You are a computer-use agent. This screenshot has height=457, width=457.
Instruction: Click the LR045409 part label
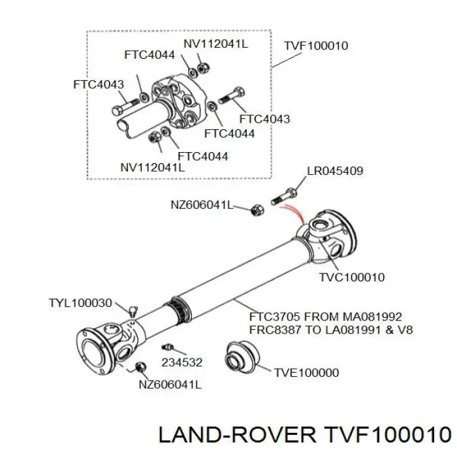335,171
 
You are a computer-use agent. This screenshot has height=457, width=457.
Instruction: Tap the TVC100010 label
352,277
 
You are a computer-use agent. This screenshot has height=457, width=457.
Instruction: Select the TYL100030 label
80,303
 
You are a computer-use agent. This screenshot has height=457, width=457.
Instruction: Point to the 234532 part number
182,362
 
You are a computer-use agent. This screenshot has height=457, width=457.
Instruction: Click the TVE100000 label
306,373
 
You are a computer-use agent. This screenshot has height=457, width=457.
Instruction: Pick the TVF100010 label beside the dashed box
316,46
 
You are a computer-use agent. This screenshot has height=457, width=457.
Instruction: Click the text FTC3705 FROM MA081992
326,317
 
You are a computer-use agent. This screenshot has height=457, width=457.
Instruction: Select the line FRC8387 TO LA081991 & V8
331,330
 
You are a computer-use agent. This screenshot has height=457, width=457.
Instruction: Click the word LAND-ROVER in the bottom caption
237,435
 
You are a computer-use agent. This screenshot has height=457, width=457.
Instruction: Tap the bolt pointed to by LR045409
284,196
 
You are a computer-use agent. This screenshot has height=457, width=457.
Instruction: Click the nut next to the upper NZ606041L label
258,210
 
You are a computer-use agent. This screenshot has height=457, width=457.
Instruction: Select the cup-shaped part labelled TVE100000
242,357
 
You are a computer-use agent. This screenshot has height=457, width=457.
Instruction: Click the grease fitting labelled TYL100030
133,311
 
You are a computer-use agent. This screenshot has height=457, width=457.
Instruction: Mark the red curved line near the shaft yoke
294,212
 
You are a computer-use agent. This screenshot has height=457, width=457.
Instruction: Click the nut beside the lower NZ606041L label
141,367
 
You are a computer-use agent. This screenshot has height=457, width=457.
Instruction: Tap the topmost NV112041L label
215,44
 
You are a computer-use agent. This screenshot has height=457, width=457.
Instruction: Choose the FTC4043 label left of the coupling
99,84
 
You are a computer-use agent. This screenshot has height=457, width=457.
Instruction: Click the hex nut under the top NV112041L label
203,68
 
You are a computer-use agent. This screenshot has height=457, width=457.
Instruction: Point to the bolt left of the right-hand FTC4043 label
231,95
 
